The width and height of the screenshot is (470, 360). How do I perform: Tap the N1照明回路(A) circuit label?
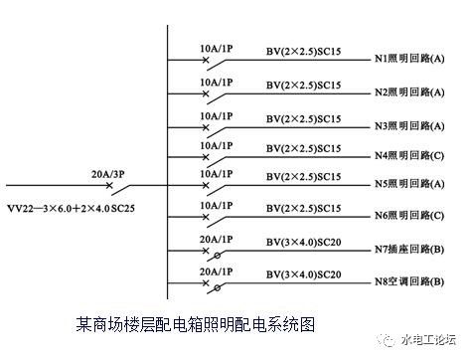409,61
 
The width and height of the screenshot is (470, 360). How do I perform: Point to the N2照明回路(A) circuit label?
409,92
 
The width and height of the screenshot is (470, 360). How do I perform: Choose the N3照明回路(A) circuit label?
409,125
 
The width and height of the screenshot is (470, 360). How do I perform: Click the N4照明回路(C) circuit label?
409,156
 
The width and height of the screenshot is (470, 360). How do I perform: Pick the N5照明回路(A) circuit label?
409,185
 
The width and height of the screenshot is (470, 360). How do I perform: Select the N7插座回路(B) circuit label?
409,250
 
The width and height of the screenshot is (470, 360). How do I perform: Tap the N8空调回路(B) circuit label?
409,281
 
